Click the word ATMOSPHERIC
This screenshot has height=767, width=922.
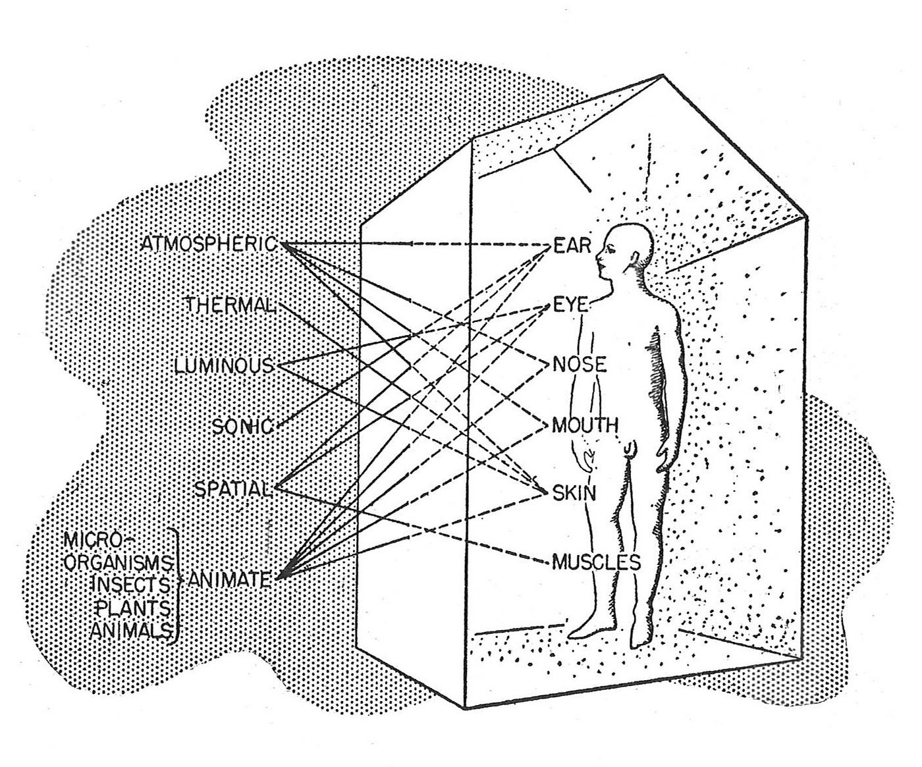pos(209,244)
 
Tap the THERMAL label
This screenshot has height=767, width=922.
pos(230,305)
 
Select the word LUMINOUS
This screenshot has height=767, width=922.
pos(224,366)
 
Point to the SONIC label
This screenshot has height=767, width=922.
pos(242,426)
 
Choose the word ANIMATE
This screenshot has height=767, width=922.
pos(229,579)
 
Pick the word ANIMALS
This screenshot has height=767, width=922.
pos(130,630)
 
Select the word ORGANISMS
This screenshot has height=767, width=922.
pos(121,562)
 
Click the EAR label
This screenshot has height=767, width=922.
pos(572,245)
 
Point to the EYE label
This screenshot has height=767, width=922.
pos(570,305)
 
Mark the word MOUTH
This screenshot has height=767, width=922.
pos(585,425)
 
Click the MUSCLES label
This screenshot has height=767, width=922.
pos(596,562)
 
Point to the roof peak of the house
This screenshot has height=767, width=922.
pos(663,76)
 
